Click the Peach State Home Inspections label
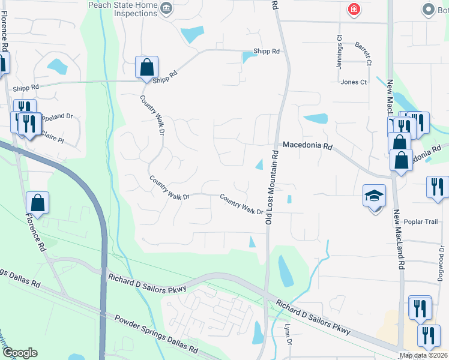click(x=124, y=10)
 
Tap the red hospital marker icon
click(x=354, y=9)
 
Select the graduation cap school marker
click(x=373, y=196)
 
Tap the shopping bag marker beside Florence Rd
click(x=37, y=203)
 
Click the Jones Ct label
click(x=353, y=82)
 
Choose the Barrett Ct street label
click(x=363, y=53)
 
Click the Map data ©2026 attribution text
click(x=423, y=355)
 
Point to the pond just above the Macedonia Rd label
click(x=315, y=118)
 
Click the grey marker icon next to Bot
click(x=428, y=9)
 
